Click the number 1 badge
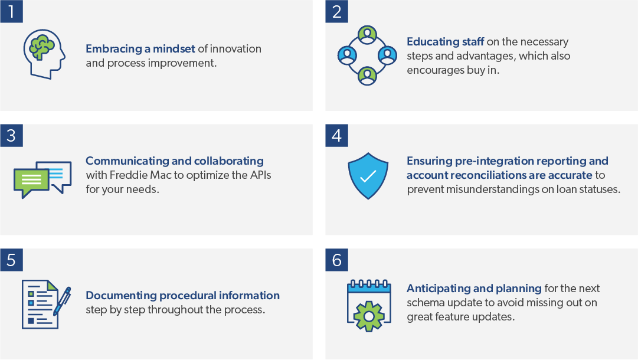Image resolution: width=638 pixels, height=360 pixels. click(11, 11)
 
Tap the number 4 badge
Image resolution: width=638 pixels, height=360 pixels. click(336, 136)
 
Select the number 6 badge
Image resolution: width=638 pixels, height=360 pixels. click(336, 260)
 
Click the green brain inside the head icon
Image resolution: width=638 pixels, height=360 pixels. click(42, 47)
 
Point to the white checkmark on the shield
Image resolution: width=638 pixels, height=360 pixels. click(368, 176)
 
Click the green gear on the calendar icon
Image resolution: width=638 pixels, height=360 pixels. click(369, 316)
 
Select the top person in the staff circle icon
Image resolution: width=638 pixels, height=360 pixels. click(368, 35)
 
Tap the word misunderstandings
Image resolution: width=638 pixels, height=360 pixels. click(499, 189)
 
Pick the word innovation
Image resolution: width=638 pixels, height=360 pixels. click(235, 49)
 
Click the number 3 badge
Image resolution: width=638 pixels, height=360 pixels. click(11, 136)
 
